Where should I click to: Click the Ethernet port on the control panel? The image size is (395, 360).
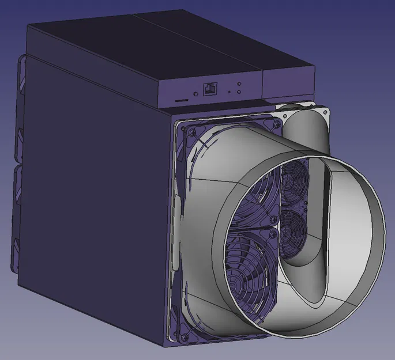click(209, 89)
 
